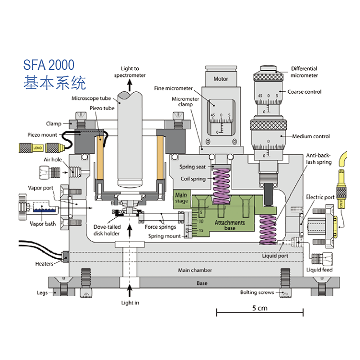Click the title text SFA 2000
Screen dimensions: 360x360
49,65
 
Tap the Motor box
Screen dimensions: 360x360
220,79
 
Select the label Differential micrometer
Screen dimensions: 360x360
304,72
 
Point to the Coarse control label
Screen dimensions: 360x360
306,92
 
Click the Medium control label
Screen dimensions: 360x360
311,136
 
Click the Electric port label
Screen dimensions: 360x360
320,197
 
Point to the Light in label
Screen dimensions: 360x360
130,303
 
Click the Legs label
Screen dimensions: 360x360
42,292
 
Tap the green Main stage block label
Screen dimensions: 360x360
182,198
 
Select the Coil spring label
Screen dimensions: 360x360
192,179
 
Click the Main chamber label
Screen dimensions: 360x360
195,270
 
